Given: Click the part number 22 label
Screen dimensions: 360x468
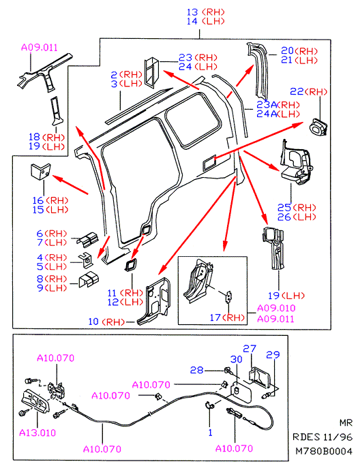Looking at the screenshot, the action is click(x=297, y=91).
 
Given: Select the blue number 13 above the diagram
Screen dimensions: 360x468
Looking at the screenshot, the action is click(x=192, y=12).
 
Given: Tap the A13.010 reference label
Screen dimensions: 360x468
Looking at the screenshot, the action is click(x=37, y=433).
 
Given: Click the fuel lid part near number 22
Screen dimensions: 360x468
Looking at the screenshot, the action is click(x=318, y=127).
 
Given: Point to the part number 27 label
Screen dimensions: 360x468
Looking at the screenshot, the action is click(x=250, y=349).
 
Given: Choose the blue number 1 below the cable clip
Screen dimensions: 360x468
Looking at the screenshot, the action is click(x=210, y=432).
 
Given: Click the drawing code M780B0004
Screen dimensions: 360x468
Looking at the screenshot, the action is click(x=324, y=451).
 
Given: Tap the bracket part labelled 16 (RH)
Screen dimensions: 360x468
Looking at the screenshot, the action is click(x=41, y=171).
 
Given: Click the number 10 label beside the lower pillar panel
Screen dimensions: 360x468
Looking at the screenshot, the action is click(x=93, y=322).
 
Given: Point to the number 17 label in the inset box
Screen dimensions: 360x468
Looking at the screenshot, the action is click(x=215, y=317).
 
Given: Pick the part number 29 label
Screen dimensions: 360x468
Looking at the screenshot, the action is click(x=273, y=355).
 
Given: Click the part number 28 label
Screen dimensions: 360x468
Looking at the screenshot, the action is click(x=196, y=370).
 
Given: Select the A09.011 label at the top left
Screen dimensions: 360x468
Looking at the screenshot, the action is click(x=39, y=48).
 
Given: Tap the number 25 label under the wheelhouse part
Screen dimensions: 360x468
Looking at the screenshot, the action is click(x=284, y=208).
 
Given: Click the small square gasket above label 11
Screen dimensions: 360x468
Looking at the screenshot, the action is click(x=130, y=265).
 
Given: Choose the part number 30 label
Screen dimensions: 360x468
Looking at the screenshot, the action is click(x=237, y=359).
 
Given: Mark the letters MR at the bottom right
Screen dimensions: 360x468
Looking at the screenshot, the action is click(x=346, y=422).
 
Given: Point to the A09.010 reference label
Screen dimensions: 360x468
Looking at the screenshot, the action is click(x=276, y=308).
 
